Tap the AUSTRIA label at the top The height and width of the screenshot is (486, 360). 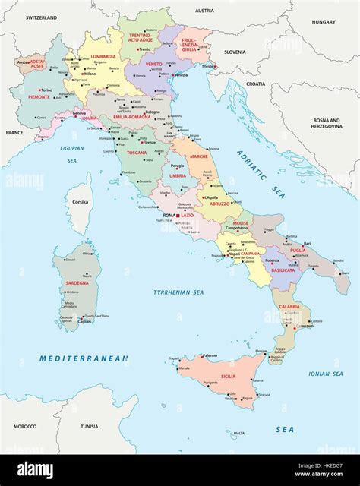(x=204, y=11)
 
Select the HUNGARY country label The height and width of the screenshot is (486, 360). (x=323, y=22)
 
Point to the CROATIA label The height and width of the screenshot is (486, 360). (x=256, y=84)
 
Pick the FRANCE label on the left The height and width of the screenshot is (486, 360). (x=14, y=132)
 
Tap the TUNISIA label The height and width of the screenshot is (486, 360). (x=90, y=426)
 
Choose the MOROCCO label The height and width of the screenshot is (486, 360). (x=24, y=426)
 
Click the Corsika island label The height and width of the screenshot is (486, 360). (x=80, y=202)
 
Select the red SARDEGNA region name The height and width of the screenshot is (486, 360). (x=76, y=282)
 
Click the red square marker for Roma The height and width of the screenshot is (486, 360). (x=178, y=216)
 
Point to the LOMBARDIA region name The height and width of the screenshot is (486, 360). (x=103, y=56)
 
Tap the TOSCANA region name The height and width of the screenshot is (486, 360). (x=136, y=152)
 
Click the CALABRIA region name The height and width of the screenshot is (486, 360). (x=289, y=306)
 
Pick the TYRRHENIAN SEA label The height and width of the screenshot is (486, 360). (x=178, y=292)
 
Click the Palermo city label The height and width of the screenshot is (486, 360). (x=210, y=355)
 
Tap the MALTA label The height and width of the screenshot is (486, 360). (x=239, y=433)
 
